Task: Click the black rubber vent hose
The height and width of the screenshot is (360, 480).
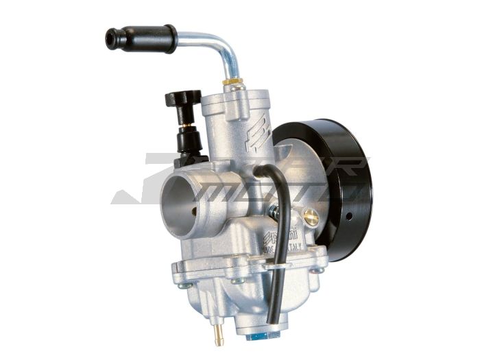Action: [281, 226]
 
